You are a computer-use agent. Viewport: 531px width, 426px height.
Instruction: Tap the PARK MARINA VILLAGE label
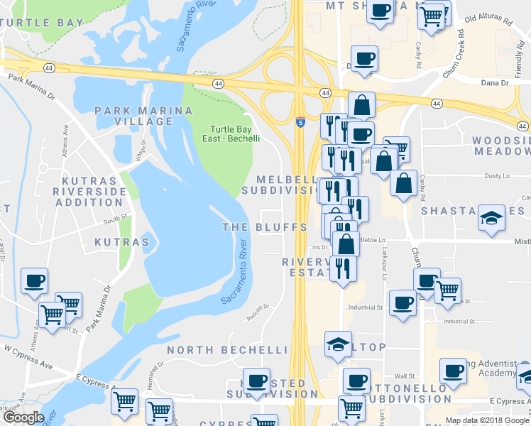(x=144, y=116)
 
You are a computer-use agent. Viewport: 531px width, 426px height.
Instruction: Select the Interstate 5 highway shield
(x=301, y=122)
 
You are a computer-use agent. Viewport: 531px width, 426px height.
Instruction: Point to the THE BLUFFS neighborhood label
(x=265, y=227)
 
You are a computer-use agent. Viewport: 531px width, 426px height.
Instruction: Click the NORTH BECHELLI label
(x=228, y=350)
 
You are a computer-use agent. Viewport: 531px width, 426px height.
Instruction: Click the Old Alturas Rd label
(x=488, y=21)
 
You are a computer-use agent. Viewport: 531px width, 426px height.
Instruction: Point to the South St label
(x=115, y=219)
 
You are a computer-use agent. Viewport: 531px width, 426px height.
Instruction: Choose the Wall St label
(x=405, y=376)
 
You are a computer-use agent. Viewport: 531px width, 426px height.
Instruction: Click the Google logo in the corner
(x=23, y=417)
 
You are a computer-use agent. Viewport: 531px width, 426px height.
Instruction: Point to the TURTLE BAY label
(x=42, y=23)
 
